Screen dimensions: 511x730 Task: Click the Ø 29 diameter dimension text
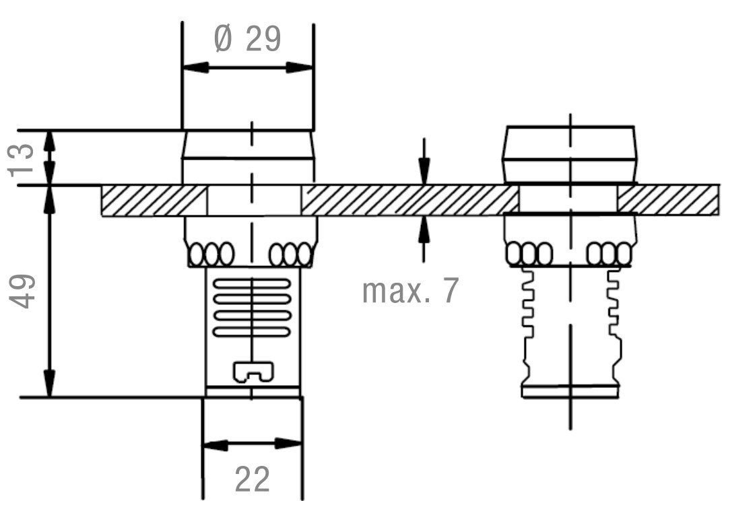[x=247, y=40]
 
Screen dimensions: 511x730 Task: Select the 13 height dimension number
[x=24, y=158]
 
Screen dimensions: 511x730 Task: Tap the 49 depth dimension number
[x=24, y=291]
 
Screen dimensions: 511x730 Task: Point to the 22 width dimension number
[x=253, y=479]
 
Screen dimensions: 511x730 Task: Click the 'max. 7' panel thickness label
[x=410, y=290]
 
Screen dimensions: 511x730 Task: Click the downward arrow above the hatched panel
[x=424, y=171]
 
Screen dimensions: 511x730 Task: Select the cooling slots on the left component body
[x=252, y=307]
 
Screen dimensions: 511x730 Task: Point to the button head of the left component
[x=248, y=145]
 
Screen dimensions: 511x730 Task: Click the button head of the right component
[x=568, y=154]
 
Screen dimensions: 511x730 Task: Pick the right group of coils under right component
[x=609, y=254]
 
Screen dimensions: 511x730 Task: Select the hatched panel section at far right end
[x=667, y=200]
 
